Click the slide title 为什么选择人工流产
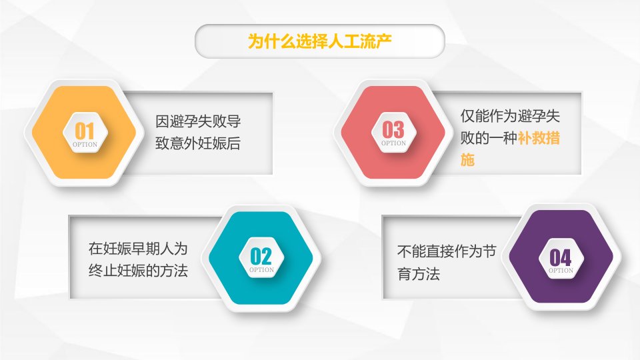319,41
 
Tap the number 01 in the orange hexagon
85,131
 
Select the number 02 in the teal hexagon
261,256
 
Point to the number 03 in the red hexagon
393,130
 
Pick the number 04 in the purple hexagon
561,257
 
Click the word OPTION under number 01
85,145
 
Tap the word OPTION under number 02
261,270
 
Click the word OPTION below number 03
393,143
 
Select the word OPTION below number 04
561,271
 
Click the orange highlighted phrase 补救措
539,138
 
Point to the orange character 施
468,159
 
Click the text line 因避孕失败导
198,121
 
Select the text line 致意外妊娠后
198,143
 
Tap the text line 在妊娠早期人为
138,248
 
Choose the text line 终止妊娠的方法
138,270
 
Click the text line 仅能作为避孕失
510,116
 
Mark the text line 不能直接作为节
447,251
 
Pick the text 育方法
419,274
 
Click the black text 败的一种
489,138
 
